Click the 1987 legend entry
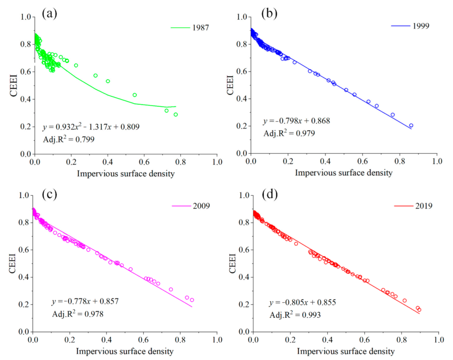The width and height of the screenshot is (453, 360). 190,28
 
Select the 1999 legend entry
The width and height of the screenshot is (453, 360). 410,26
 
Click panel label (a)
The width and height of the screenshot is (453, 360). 49,14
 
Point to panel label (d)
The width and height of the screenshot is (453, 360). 270,194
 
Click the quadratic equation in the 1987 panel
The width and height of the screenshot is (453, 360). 91,127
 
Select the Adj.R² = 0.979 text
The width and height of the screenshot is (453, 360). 289,133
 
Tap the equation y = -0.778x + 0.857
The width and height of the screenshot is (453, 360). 85,301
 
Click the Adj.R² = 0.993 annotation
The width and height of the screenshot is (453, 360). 295,315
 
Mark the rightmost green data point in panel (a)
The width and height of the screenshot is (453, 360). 176,114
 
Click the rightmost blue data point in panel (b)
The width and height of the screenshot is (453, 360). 411,126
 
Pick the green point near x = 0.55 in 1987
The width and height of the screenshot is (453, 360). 135,95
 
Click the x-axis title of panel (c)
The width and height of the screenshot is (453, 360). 125,351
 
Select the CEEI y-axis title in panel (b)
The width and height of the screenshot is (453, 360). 230,85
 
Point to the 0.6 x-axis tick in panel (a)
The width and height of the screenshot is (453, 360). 144,162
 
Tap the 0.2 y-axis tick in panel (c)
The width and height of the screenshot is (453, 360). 24,304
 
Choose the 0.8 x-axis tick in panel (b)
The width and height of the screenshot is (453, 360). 400,161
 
